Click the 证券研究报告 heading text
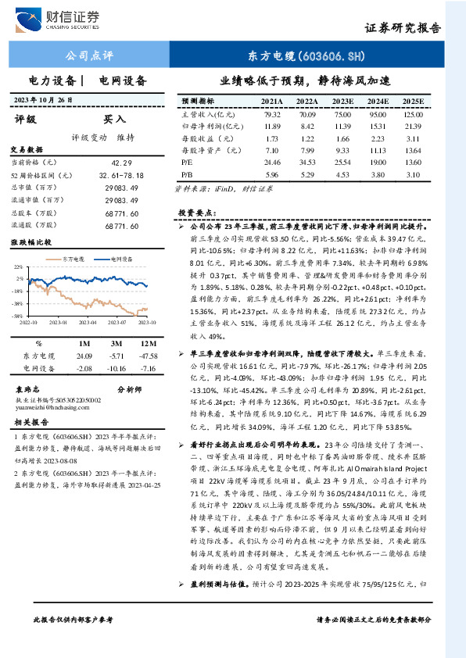click(x=403, y=28)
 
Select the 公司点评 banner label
click(x=92, y=55)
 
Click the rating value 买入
click(x=114, y=120)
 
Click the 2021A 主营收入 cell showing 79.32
click(x=272, y=114)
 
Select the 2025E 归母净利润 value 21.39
click(x=414, y=126)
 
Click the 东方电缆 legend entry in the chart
click(x=74, y=258)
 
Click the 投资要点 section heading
click(x=195, y=212)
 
